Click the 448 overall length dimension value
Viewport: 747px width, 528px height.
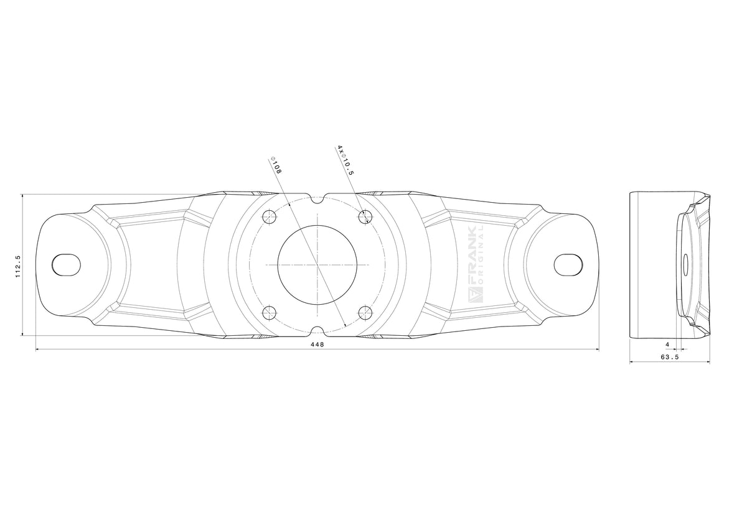click(317, 345)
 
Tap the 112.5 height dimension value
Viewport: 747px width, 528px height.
click(18, 267)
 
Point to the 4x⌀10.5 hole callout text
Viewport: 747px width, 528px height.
click(345, 160)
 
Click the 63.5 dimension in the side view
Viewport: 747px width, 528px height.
click(670, 357)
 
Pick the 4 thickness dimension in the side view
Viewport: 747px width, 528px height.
click(667, 345)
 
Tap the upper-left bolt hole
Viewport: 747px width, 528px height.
click(270, 217)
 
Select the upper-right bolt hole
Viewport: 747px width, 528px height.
click(365, 217)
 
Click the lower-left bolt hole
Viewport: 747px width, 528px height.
click(270, 313)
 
